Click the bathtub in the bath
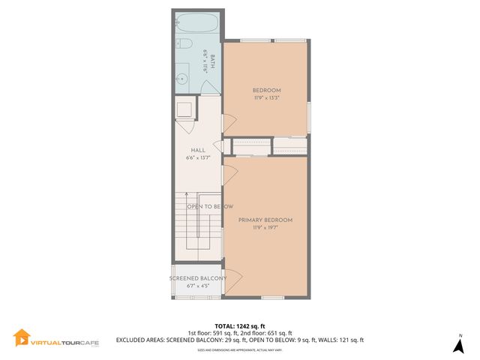click(x=196, y=23)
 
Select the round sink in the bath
click(x=183, y=76)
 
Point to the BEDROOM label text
click(x=266, y=90)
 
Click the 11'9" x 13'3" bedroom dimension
click(x=266, y=97)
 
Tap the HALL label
click(x=198, y=150)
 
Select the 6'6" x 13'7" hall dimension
click(x=198, y=157)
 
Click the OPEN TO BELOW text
click(x=210, y=207)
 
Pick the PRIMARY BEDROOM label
click(x=265, y=220)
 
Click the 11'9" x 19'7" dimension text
click(x=265, y=227)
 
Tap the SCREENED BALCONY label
click(x=198, y=278)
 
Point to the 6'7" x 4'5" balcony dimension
click(x=198, y=286)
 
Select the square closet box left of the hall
click(x=184, y=109)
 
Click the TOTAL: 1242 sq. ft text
click(x=239, y=325)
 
